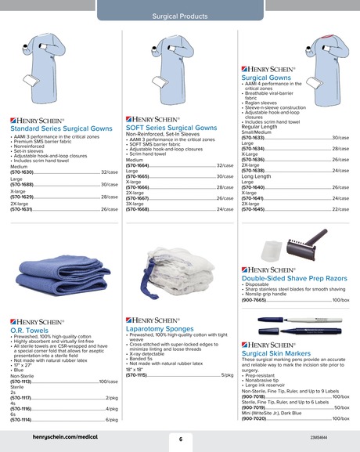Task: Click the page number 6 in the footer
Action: pos(180,439)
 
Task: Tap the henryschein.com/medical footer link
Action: pos(54,439)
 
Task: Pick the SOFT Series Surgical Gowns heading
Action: pos(171,127)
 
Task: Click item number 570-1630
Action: pos(22,172)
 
